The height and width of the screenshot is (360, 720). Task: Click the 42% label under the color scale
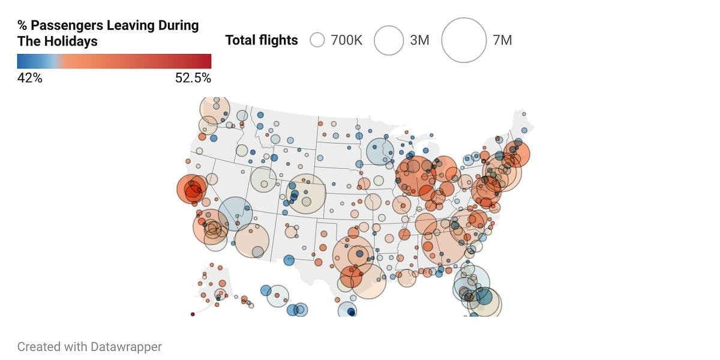[x=29, y=78]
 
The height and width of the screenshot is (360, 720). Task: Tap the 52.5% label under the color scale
[x=193, y=78]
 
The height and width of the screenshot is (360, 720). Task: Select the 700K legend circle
[x=317, y=40]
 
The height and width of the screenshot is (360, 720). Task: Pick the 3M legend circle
[x=389, y=40]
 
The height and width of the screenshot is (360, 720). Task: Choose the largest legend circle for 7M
[x=464, y=40]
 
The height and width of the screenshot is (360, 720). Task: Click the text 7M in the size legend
[x=502, y=40]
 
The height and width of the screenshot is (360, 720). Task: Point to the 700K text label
[x=346, y=40]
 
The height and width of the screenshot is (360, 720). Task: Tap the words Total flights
[x=261, y=40]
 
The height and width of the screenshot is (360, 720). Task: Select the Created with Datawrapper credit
[x=89, y=347]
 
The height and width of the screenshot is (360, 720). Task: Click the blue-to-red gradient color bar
[x=114, y=61]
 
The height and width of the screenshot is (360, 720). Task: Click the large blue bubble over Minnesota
[x=380, y=151]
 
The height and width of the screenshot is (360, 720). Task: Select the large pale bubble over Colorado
[x=307, y=194]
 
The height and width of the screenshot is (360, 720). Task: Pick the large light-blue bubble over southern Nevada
[x=235, y=214]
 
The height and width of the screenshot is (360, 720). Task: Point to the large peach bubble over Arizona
[x=251, y=240]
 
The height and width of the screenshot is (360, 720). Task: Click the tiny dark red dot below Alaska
[x=193, y=314]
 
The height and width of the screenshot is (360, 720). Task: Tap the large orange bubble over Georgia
[x=445, y=242]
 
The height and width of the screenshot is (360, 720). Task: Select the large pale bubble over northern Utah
[x=263, y=179]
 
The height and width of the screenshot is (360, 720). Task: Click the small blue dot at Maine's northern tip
[x=524, y=113]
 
